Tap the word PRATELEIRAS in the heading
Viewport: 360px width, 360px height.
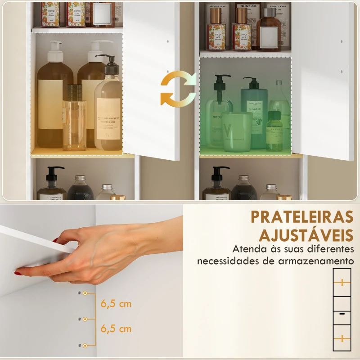pyautogui.click(x=302, y=216)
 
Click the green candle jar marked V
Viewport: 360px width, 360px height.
pyautogui.click(x=237, y=131)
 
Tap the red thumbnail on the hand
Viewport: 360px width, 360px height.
pyautogui.click(x=18, y=273)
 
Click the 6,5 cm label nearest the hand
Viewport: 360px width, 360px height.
pyautogui.click(x=116, y=304)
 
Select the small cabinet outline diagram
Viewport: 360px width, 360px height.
pyautogui.click(x=342, y=309)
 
